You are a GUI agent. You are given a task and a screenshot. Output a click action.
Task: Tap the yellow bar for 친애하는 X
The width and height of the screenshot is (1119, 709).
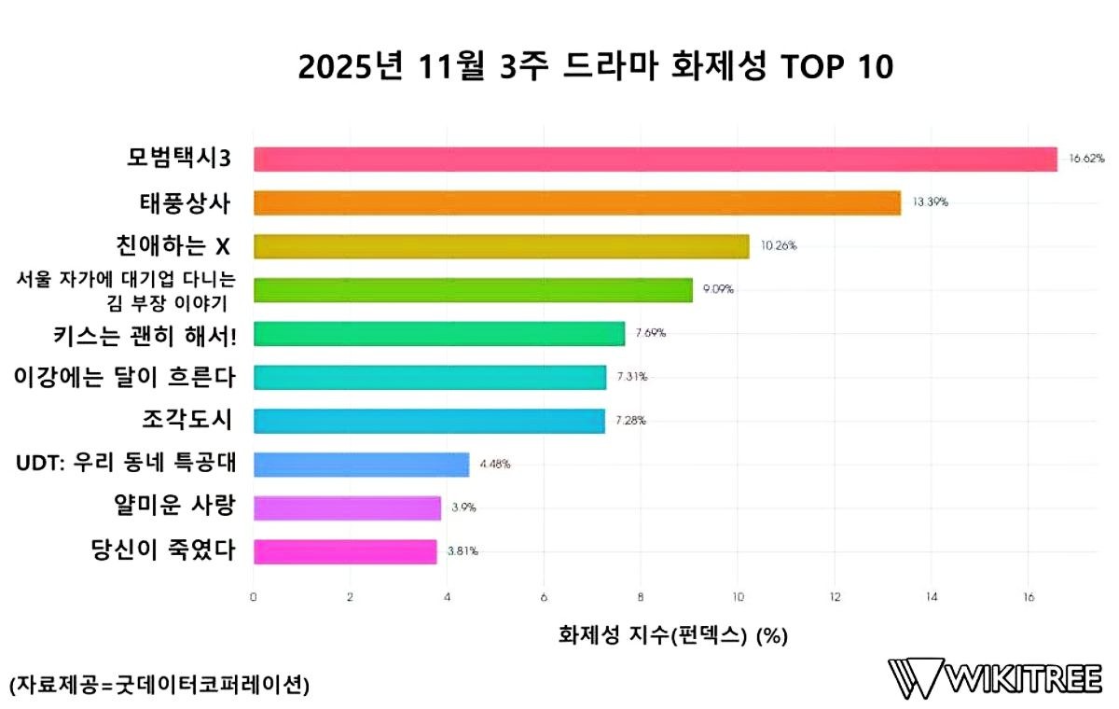[501, 246]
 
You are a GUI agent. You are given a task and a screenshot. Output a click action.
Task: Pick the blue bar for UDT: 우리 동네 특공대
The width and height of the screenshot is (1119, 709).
[361, 464]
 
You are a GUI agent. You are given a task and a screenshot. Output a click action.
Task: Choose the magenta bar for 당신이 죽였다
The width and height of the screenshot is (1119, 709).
[345, 551]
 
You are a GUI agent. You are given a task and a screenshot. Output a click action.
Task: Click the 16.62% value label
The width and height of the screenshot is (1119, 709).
[1086, 160]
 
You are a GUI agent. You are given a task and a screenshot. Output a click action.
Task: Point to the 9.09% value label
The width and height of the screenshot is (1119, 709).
[719, 289]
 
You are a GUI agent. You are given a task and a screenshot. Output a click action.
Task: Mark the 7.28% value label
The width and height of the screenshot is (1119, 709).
[630, 421]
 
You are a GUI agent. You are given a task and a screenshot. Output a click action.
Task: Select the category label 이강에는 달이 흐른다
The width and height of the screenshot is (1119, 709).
[124, 377]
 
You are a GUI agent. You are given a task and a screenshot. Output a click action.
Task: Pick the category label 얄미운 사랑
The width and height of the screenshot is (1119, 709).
[169, 507]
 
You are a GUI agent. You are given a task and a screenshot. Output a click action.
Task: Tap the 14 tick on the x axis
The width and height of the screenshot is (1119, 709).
[931, 597]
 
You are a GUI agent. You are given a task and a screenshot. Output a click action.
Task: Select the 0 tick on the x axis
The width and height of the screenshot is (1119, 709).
[254, 597]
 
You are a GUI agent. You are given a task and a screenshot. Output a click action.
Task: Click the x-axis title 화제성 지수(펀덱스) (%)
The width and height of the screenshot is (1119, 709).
[672, 636]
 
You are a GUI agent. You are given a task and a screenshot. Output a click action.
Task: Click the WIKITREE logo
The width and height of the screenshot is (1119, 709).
[995, 678]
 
